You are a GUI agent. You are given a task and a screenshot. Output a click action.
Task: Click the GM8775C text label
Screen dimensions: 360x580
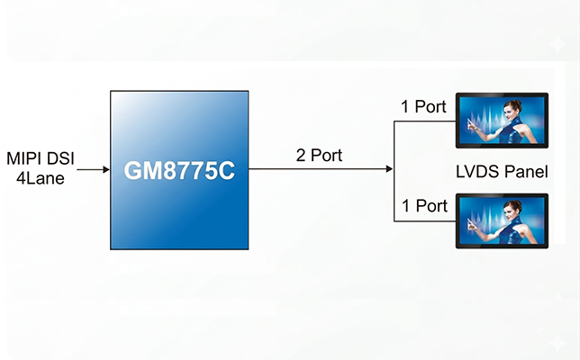[x=179, y=170]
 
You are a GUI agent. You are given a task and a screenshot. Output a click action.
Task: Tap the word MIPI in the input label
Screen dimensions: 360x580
[x=24, y=159]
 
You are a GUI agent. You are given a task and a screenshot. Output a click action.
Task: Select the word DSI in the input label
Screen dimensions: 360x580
[x=60, y=159]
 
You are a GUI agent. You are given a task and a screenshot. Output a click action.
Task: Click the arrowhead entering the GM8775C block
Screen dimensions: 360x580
[x=104, y=168]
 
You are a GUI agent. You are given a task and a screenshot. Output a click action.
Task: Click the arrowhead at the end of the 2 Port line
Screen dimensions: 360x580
[x=389, y=168]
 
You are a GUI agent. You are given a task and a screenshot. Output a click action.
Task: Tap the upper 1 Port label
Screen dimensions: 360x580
[x=424, y=107]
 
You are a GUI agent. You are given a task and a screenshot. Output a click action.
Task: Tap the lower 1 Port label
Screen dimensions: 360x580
[x=424, y=206]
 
